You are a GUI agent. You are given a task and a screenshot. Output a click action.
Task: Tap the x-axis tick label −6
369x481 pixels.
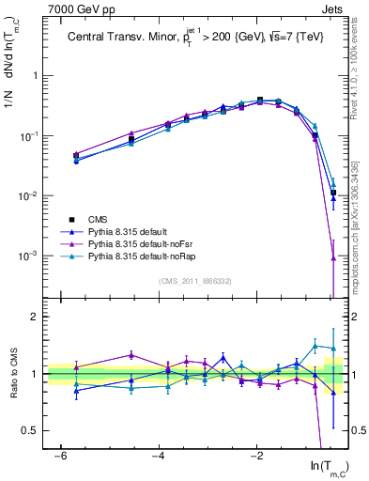58,456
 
